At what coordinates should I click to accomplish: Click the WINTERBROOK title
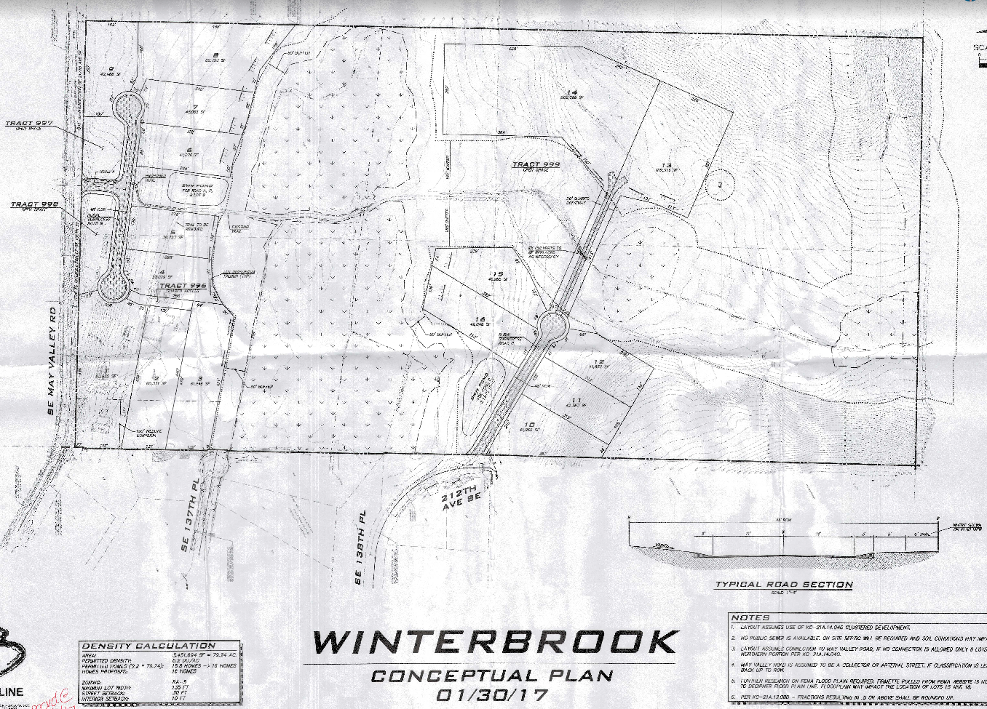point(495,642)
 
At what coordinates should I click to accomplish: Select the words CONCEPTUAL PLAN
point(492,676)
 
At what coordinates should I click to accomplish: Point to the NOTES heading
point(750,617)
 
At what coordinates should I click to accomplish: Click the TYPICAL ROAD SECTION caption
point(783,584)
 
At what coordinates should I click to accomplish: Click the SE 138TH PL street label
point(358,548)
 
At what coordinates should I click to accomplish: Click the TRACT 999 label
point(536,165)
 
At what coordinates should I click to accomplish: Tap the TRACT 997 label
point(30,124)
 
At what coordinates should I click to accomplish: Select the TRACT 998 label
point(34,204)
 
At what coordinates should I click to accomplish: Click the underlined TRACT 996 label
point(183,286)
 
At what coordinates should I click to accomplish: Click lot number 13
point(665,165)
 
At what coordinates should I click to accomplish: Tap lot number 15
point(498,274)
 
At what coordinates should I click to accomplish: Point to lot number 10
point(528,425)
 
